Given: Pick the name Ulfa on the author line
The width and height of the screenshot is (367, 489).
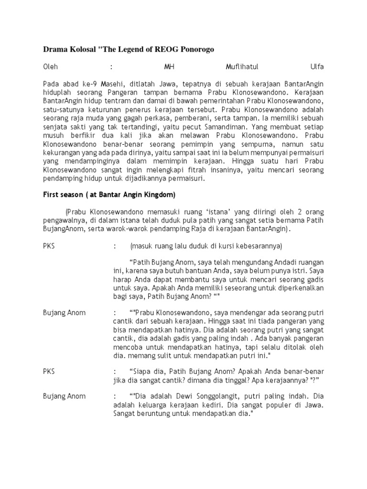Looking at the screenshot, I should (x=317, y=66).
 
